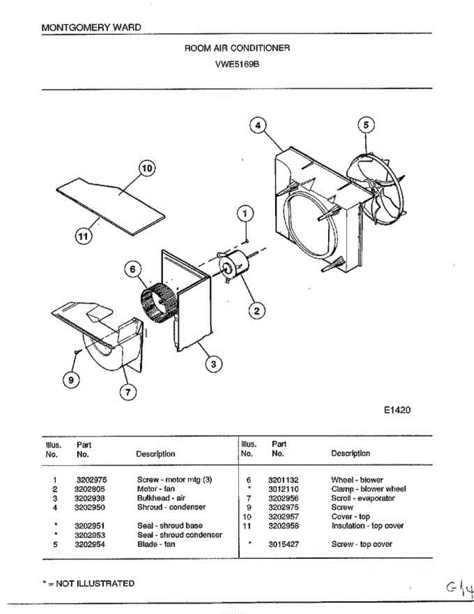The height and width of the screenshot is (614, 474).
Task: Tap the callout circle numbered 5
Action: pyautogui.click(x=366, y=125)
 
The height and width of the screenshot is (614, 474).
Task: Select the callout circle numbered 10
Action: pyautogui.click(x=147, y=168)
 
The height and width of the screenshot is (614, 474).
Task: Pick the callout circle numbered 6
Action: pyautogui.click(x=132, y=270)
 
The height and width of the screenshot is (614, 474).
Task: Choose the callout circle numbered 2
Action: pyautogui.click(x=257, y=310)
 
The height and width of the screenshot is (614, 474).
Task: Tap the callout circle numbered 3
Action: pyautogui.click(x=214, y=364)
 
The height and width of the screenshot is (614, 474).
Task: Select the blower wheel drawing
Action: pyautogui.click(x=158, y=304)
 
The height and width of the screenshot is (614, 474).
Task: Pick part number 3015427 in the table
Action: pyautogui.click(x=283, y=544)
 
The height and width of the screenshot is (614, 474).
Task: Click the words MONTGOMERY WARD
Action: pyautogui.click(x=92, y=28)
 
